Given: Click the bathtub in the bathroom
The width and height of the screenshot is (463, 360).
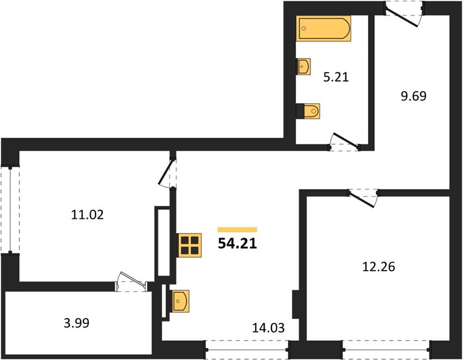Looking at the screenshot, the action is pyautogui.click(x=324, y=28).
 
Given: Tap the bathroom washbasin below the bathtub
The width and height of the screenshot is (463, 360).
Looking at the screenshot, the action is pyautogui.click(x=303, y=67).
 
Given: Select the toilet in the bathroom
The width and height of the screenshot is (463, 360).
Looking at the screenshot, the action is pyautogui.click(x=308, y=111).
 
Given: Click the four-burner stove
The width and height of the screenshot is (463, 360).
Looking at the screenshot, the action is pyautogui.click(x=190, y=245).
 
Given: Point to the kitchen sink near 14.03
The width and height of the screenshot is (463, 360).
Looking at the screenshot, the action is pyautogui.click(x=180, y=301).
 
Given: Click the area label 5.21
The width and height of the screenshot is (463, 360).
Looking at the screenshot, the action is pyautogui.click(x=336, y=77).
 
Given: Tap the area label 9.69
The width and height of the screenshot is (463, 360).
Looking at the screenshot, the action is pyautogui.click(x=413, y=96).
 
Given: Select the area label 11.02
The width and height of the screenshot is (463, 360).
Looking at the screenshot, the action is pyautogui.click(x=88, y=215).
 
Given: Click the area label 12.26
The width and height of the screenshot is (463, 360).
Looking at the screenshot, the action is pyautogui.click(x=378, y=267).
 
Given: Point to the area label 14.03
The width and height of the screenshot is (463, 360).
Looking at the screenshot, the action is pyautogui.click(x=268, y=328).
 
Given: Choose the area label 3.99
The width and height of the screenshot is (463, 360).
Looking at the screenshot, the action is pyautogui.click(x=76, y=323).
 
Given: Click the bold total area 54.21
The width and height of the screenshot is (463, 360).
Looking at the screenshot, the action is pyautogui.click(x=237, y=244).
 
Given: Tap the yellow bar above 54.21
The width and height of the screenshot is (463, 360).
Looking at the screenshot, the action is pyautogui.click(x=237, y=230).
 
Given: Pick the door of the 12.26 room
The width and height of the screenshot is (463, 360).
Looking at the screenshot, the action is pyautogui.click(x=363, y=197).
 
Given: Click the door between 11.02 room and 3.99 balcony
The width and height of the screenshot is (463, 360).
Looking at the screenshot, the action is pyautogui.click(x=132, y=283).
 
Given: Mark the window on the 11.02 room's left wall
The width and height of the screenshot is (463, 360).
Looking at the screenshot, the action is pyautogui.click(x=10, y=210).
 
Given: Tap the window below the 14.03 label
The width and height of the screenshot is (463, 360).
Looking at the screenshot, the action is pyautogui.click(x=247, y=350).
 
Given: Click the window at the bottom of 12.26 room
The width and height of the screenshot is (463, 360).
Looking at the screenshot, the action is pyautogui.click(x=386, y=350).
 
